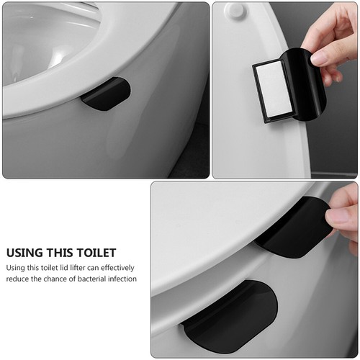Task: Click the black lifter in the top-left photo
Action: coord(106,94)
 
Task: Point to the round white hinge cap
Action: coord(234,12)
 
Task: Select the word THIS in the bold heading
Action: coord(62,253)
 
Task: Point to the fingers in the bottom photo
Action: coord(343,220)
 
